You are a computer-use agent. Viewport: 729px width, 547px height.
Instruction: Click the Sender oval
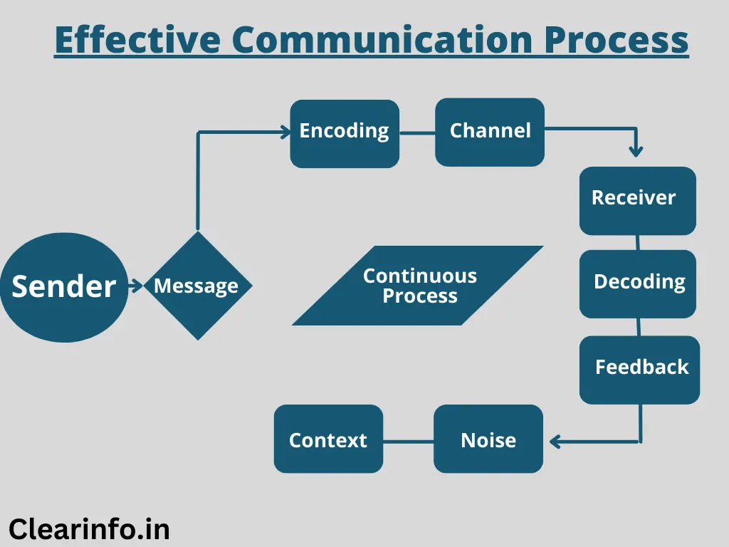click(64, 286)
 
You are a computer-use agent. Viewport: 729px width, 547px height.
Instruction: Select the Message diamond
click(197, 286)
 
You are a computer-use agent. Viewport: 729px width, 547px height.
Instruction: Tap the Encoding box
click(345, 133)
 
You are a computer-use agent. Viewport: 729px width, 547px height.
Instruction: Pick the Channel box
click(490, 132)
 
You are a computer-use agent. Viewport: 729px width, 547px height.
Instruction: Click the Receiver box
click(636, 200)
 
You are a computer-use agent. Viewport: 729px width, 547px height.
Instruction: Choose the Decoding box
click(637, 283)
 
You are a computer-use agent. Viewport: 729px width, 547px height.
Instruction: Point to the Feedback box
click(639, 369)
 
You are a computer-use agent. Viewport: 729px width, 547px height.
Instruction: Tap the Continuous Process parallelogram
click(419, 286)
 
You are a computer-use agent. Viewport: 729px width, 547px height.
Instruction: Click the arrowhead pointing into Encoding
click(286, 131)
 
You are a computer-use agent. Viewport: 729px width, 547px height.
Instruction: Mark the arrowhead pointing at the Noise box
click(555, 442)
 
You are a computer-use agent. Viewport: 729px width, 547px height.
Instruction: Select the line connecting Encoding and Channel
click(417, 132)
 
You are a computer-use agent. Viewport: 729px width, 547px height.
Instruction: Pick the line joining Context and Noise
click(409, 441)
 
